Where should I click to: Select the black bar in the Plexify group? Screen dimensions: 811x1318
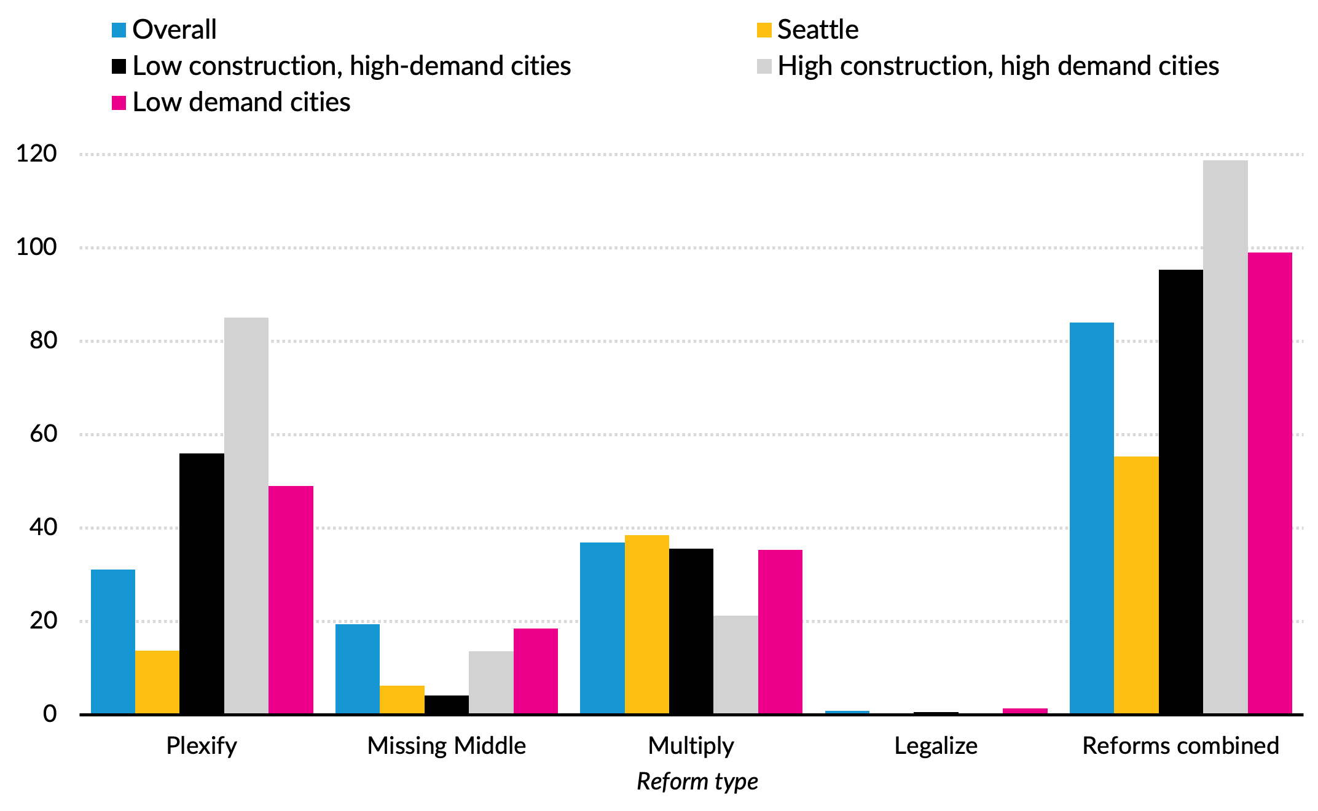202,583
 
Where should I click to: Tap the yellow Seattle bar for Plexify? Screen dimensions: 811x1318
157,681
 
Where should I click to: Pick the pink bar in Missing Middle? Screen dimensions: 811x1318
535,670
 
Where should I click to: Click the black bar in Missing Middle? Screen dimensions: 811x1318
446,704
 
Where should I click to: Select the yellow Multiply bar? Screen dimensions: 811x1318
646,624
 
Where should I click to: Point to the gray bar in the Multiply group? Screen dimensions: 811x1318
735,664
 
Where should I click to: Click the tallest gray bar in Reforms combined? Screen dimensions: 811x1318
1225,436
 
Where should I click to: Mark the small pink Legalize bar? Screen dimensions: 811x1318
1024,711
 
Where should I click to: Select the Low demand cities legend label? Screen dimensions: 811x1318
241,102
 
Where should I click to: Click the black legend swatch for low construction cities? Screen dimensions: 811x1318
119,66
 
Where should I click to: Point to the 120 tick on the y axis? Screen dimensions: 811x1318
36,154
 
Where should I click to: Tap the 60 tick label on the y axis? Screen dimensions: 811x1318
43,434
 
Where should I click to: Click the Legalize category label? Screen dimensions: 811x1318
935,745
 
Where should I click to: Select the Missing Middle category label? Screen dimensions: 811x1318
446,745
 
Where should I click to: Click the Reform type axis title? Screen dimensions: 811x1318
697,781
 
